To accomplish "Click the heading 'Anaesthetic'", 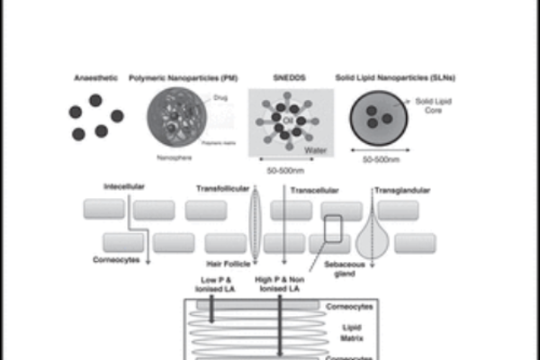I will (96, 79).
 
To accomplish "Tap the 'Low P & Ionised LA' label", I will (214, 284).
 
